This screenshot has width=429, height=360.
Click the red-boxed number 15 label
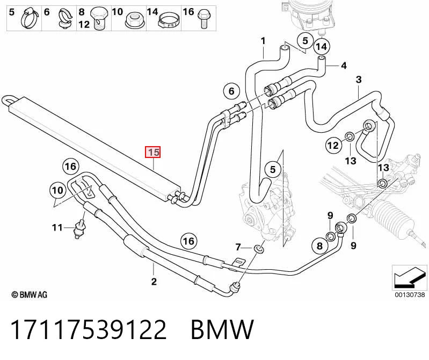[152, 152]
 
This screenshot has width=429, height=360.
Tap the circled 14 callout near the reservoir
[322, 47]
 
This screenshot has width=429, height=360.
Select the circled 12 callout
[333, 145]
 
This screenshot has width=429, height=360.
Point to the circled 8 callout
[320, 246]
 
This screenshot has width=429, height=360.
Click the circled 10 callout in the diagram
[57, 190]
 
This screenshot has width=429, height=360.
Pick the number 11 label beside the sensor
[57, 227]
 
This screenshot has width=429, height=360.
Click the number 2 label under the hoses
[154, 282]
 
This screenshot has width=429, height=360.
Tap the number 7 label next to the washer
[238, 248]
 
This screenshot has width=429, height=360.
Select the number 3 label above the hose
[359, 80]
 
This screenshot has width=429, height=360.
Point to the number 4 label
[344, 66]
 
